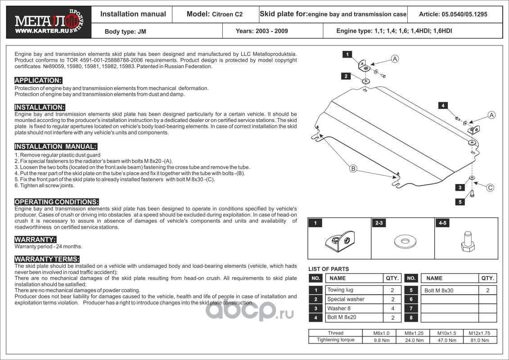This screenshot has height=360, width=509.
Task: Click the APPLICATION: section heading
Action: tap(38, 81)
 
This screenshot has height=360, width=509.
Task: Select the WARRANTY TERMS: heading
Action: tap(47, 259)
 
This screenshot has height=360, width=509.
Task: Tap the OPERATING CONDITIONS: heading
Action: tap(56, 202)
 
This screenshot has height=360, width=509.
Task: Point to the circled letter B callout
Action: tap(353, 169)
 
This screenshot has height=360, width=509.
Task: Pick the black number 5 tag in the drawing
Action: tap(459, 202)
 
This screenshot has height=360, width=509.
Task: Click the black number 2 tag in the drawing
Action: tap(346, 76)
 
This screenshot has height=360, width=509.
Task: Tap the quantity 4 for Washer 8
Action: tap(392, 309)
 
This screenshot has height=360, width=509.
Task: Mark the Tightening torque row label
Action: tap(336, 340)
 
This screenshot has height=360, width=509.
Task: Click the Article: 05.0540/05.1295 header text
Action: tap(453, 14)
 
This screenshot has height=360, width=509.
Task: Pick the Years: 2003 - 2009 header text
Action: tap(262, 31)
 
